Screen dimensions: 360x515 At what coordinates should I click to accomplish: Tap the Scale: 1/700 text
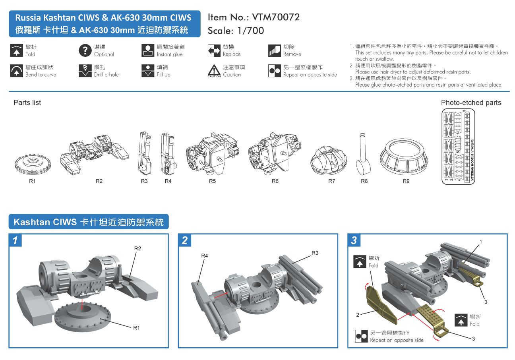pos(236,31)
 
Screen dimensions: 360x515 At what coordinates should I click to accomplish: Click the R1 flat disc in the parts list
pos(32,163)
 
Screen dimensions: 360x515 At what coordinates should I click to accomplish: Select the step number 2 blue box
pos(185,241)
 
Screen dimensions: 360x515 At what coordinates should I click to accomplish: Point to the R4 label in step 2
pos(204,256)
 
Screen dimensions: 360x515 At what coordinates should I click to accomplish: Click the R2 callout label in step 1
pos(137,248)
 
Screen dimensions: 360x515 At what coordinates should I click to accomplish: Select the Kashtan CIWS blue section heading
pos(89,222)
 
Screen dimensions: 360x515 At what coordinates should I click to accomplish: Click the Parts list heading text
pos(27,103)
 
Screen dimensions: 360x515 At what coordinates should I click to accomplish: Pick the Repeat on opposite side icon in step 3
pos(362,337)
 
